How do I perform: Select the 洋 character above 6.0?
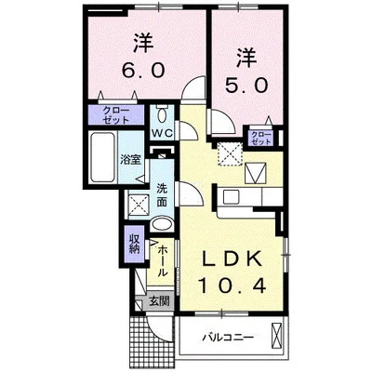[x=140, y=42]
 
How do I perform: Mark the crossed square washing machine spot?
[x=138, y=204]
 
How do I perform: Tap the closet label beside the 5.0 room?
[x=260, y=139]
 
